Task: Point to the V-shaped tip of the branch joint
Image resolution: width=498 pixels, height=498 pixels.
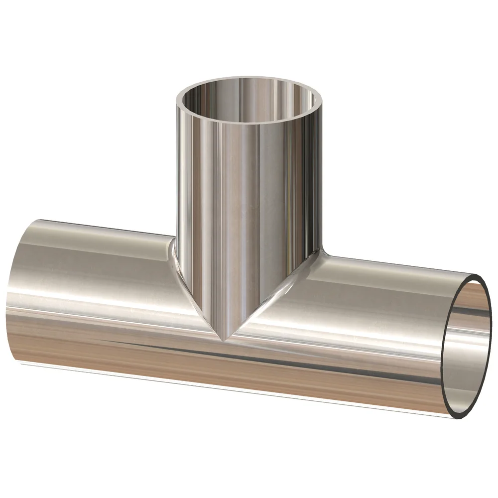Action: [x=226, y=340]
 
